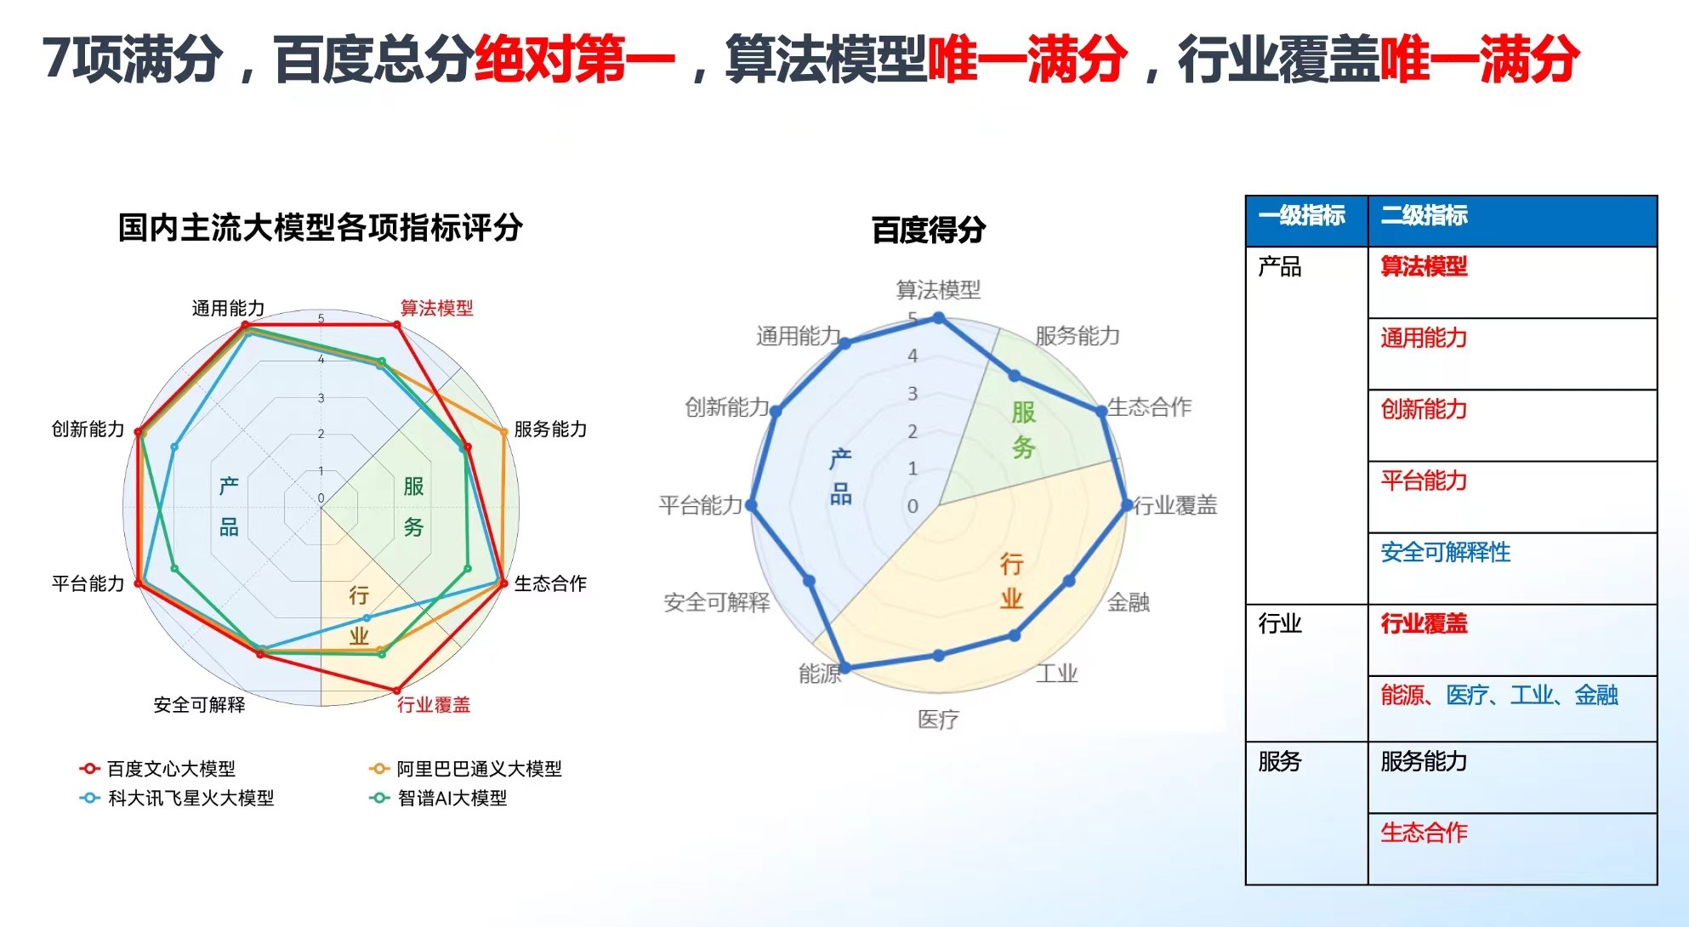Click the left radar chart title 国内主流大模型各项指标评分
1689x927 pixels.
(320, 228)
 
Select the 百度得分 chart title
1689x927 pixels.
(929, 230)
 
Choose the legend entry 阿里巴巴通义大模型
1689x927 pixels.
(465, 769)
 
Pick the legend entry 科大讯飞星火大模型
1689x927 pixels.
(176, 798)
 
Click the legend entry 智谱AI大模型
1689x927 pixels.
(438, 798)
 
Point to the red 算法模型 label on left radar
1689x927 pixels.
(436, 308)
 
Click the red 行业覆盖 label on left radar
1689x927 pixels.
(434, 704)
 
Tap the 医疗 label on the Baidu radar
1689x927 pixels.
(938, 719)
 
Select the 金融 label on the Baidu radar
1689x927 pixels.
(1128, 602)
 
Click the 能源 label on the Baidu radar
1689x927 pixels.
(819, 674)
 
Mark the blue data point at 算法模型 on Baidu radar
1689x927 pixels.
(939, 318)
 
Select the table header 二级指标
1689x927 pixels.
(1424, 216)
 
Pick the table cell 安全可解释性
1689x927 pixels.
(1445, 553)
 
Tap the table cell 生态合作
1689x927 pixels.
(1424, 832)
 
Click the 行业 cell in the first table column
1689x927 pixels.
(1280, 624)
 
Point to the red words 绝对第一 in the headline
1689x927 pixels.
(574, 60)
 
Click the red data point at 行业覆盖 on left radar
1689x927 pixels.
(396, 691)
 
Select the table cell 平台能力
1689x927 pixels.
(1424, 481)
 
